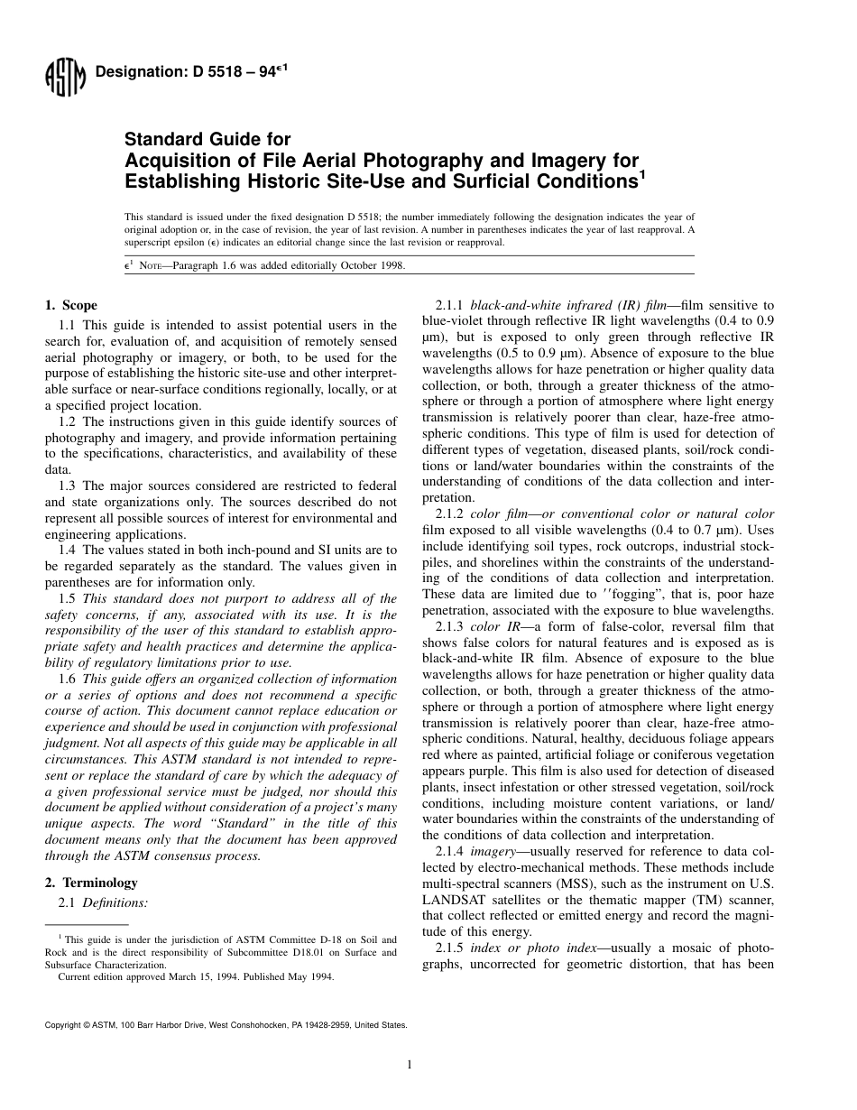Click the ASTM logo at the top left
[x=64, y=78]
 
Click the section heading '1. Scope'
[x=71, y=305]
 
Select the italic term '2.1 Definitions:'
[x=103, y=902]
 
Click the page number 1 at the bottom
[x=410, y=1065]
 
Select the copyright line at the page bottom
[x=226, y=1025]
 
